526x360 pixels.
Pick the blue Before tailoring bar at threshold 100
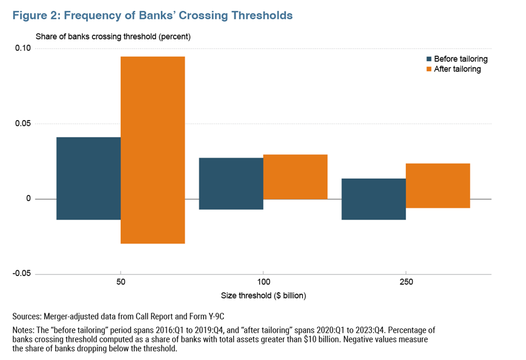point(231,183)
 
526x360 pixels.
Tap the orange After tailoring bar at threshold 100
point(295,177)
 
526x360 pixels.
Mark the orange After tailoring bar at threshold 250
point(438,185)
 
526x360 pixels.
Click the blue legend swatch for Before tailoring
point(428,59)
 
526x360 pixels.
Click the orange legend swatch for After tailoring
point(428,69)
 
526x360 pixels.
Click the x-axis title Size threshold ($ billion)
point(263,295)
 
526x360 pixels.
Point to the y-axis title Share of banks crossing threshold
point(113,37)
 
